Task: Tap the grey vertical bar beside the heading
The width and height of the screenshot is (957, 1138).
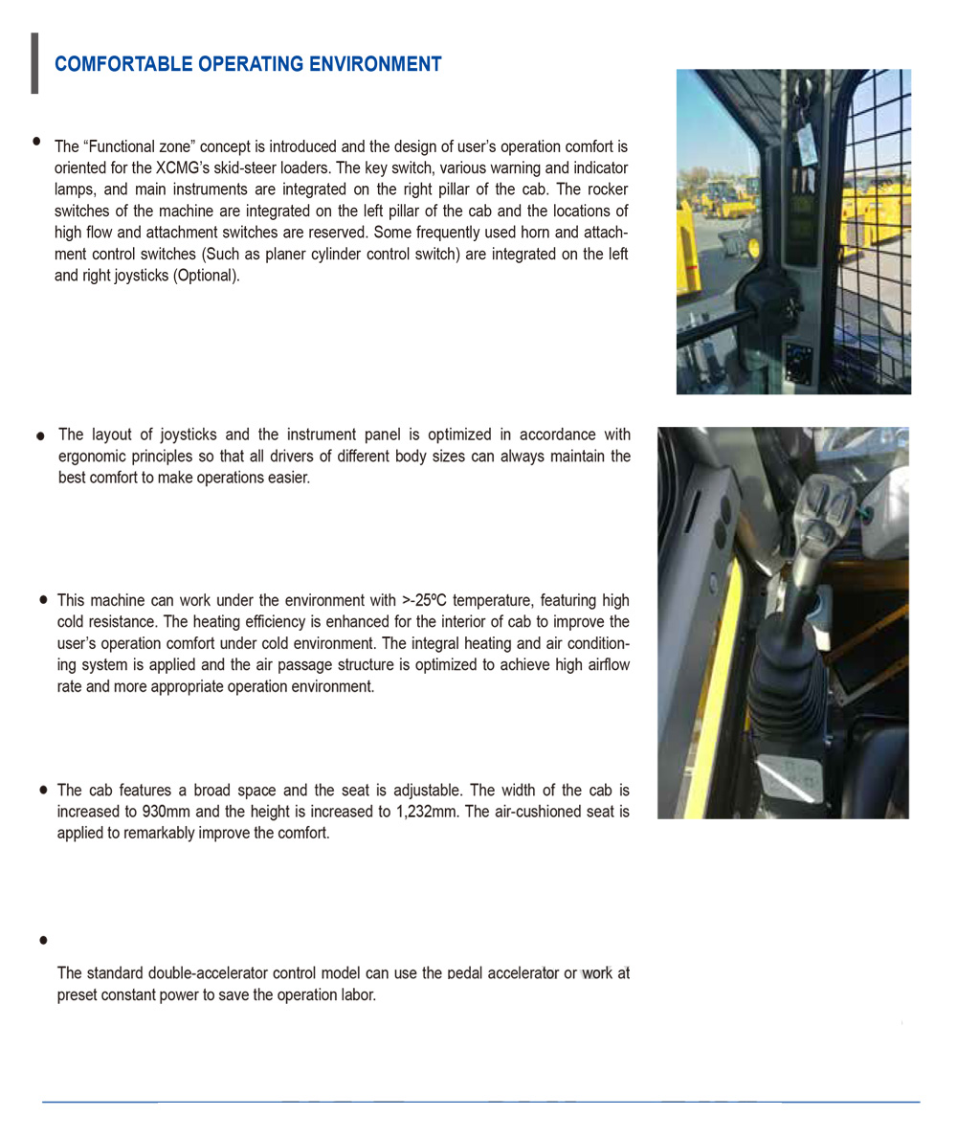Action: click(x=34, y=63)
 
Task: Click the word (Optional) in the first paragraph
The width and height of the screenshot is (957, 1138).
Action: click(x=206, y=275)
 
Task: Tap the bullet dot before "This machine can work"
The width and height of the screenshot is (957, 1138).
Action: click(x=44, y=600)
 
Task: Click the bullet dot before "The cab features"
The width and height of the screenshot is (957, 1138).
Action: click(x=44, y=791)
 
